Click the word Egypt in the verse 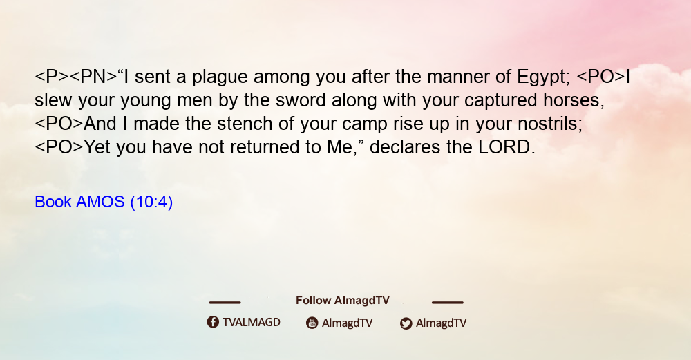(544, 77)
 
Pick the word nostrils (550, 124)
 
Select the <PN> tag (93, 77)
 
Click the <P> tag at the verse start (52, 77)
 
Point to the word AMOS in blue (100, 202)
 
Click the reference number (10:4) (151, 202)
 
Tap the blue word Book (53, 202)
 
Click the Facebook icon (213, 322)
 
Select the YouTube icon (312, 323)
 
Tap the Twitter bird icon (406, 323)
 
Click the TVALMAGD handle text (252, 323)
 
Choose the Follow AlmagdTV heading (343, 301)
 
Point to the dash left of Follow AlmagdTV (225, 302)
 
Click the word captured (500, 101)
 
